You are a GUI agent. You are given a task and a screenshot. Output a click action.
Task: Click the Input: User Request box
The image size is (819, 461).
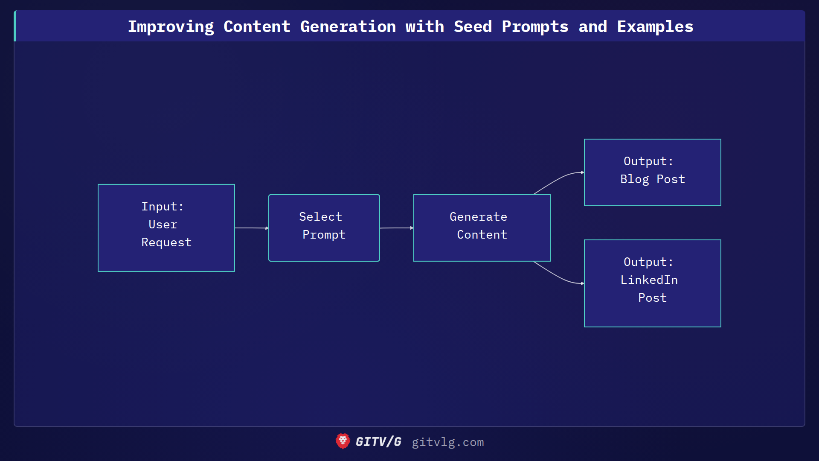click(x=166, y=228)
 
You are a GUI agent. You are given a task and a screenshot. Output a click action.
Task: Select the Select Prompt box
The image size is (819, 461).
click(x=324, y=228)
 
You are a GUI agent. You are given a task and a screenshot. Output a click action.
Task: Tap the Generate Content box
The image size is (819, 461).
click(x=482, y=228)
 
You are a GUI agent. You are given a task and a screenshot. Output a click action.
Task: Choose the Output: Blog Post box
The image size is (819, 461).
click(x=652, y=172)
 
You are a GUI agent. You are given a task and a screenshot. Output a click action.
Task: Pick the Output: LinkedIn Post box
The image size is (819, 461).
click(x=652, y=283)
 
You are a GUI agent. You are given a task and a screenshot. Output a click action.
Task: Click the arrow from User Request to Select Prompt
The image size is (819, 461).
click(x=251, y=228)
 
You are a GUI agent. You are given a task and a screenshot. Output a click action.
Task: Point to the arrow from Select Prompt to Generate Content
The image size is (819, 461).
click(x=396, y=228)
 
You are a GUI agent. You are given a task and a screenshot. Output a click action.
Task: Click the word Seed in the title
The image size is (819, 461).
click(x=473, y=26)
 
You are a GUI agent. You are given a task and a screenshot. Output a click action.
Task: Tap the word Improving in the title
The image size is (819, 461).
click(x=171, y=26)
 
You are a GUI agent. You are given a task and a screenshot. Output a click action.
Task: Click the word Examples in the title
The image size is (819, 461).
click(x=655, y=26)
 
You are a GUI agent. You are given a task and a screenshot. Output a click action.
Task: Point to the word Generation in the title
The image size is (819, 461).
click(x=348, y=26)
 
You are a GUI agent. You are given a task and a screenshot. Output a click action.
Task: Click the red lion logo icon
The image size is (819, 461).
click(x=343, y=441)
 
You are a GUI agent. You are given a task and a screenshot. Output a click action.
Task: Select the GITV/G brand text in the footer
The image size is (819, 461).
click(x=378, y=442)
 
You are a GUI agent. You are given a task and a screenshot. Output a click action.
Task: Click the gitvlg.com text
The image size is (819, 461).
click(x=447, y=442)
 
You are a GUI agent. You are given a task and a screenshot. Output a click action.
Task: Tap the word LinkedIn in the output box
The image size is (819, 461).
click(x=649, y=280)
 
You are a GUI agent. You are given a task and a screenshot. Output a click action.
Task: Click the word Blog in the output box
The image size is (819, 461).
click(x=634, y=179)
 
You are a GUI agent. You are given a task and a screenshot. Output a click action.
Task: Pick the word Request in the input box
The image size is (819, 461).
click(x=166, y=242)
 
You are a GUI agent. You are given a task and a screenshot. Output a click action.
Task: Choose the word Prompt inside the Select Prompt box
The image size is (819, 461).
click(x=324, y=235)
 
